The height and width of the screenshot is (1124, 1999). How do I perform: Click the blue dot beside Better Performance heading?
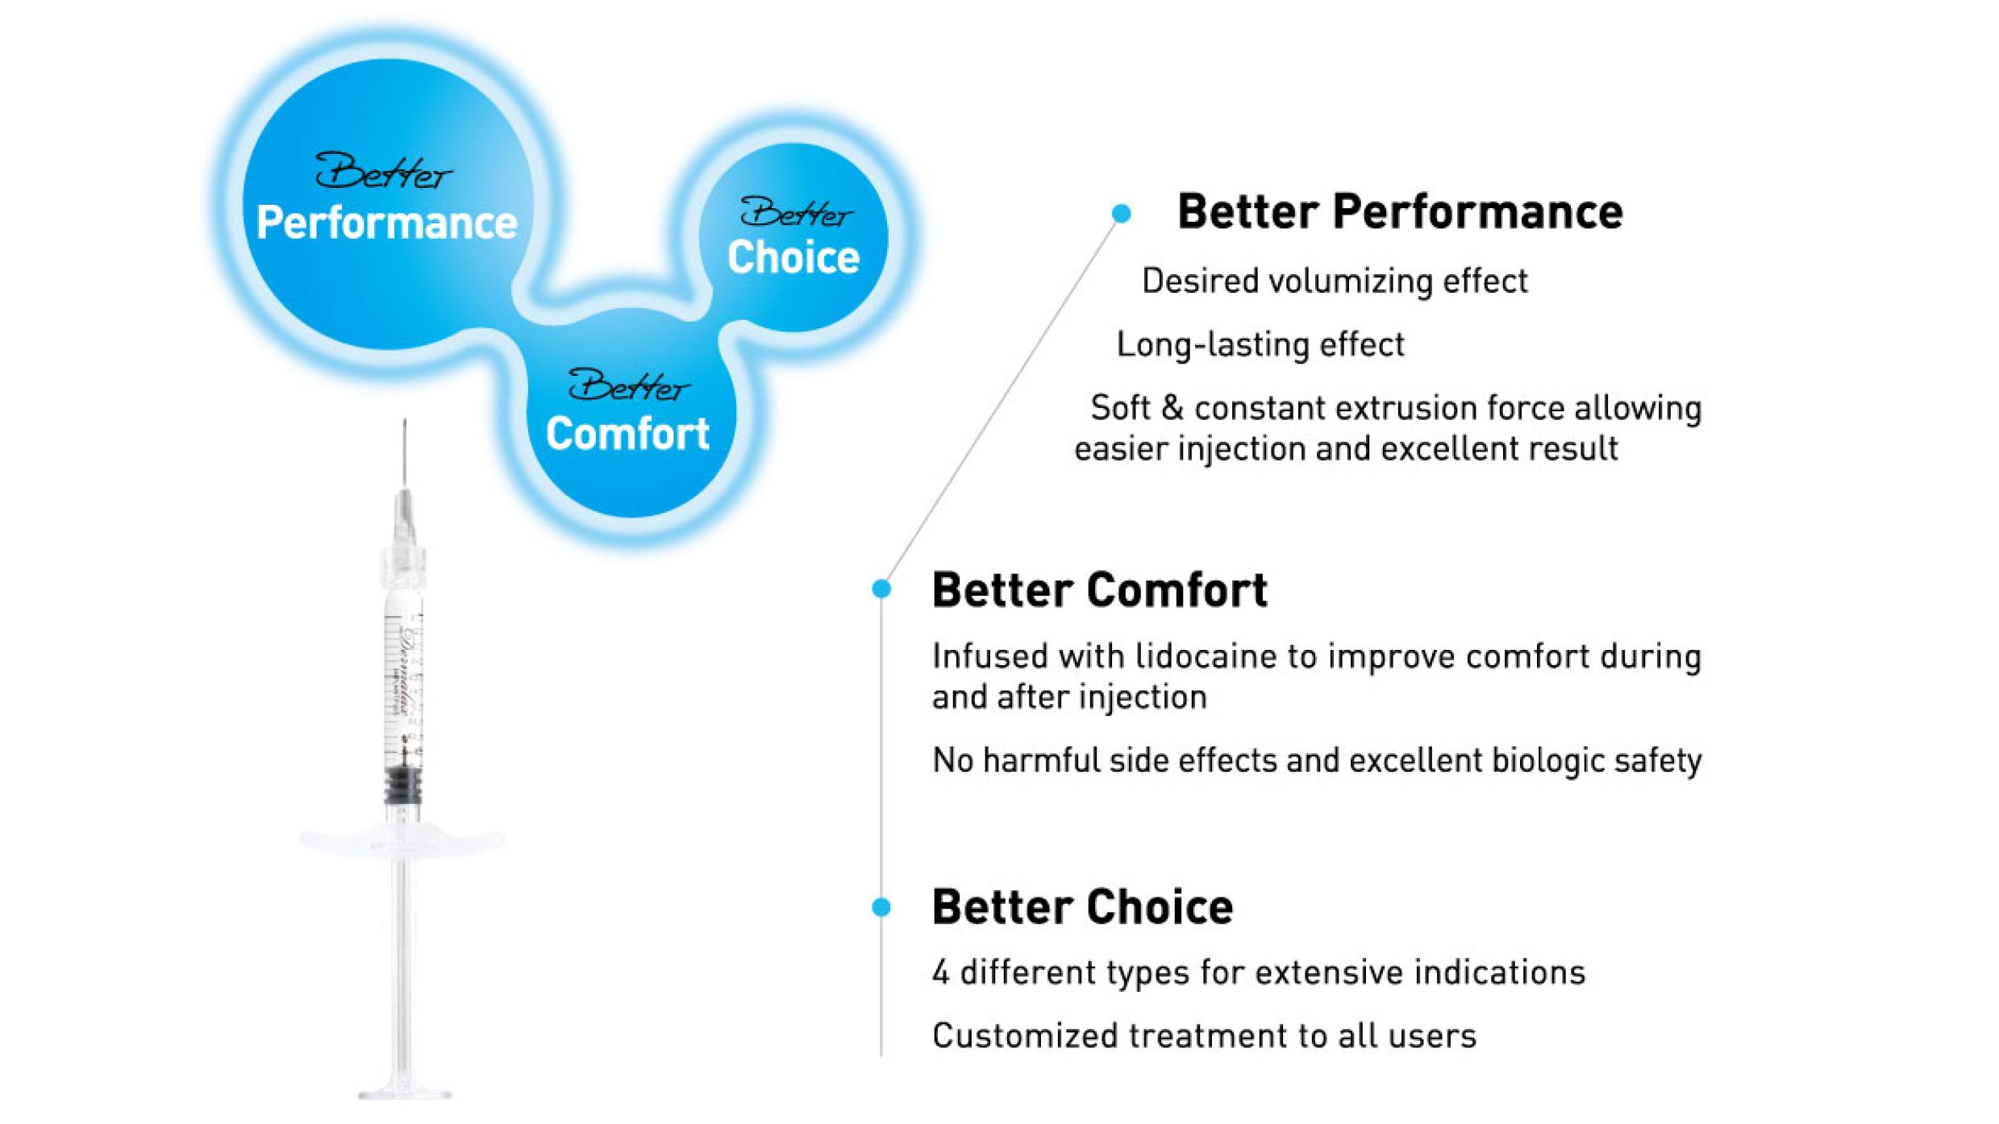(x=1121, y=214)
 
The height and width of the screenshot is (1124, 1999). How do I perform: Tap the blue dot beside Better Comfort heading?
(x=881, y=589)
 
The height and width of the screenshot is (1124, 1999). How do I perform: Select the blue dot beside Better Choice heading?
(x=881, y=907)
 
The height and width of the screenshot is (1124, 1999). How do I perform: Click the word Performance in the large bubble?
(x=386, y=223)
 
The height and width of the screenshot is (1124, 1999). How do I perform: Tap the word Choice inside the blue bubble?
(x=793, y=258)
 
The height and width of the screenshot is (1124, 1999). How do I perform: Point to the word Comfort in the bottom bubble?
(x=627, y=434)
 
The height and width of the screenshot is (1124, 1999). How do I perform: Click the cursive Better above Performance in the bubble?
(x=383, y=171)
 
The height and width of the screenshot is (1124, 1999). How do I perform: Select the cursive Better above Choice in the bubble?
(x=795, y=213)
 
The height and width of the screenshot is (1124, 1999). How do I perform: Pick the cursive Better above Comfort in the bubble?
(x=628, y=385)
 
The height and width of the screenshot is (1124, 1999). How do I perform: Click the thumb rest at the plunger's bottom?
(x=405, y=1093)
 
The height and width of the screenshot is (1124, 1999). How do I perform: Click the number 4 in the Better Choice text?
(x=940, y=972)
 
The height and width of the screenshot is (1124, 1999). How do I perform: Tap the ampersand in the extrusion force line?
(x=1172, y=408)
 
